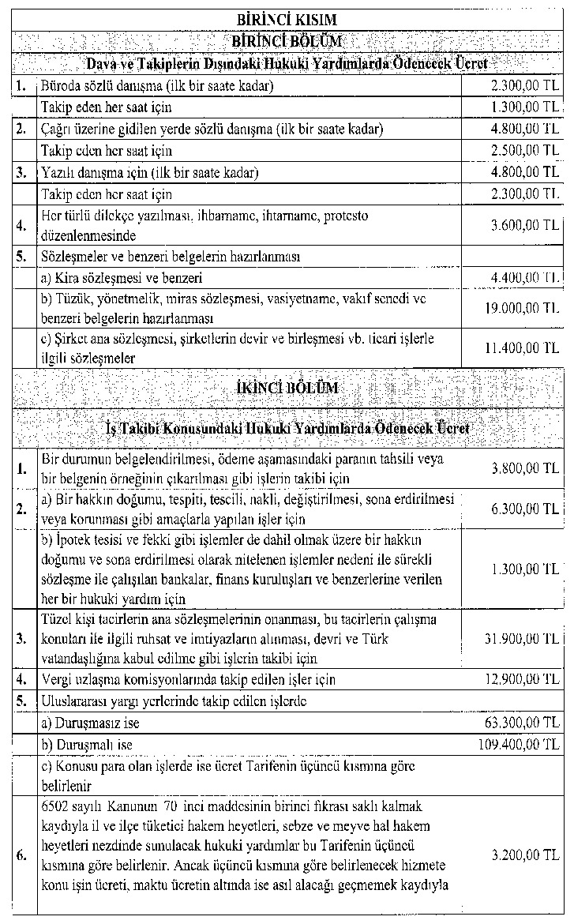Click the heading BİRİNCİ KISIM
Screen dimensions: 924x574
[287, 19]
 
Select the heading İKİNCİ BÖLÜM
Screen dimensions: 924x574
[287, 388]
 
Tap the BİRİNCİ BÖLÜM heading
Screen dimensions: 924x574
[287, 41]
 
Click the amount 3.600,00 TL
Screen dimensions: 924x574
[524, 225]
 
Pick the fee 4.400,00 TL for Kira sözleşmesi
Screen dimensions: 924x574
[524, 277]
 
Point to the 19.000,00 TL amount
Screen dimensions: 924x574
[521, 308]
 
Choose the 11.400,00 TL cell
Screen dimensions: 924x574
[521, 347]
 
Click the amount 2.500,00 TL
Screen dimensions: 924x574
[524, 150]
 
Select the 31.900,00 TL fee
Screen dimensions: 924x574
[521, 638]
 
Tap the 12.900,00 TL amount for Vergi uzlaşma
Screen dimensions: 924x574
[521, 679]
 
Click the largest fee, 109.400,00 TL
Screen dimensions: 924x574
[519, 744]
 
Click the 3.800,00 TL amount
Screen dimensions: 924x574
[524, 468]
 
